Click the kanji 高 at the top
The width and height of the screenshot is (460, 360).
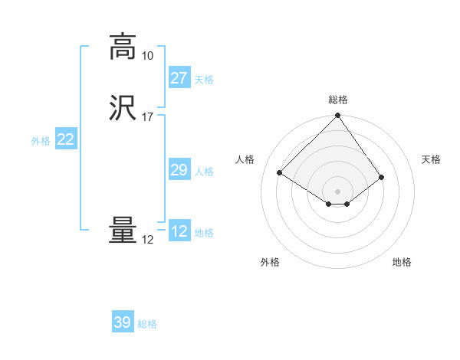(123, 47)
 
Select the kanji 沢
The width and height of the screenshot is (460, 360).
(123, 108)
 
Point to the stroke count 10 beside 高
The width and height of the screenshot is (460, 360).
(147, 56)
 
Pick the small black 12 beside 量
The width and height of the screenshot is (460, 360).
(147, 240)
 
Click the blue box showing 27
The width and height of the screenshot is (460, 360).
(179, 78)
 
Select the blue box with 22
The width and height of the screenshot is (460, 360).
(65, 139)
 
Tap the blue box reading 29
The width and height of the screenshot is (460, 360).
(179, 170)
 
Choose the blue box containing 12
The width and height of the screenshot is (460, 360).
(179, 231)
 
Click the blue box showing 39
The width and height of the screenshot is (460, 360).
(122, 322)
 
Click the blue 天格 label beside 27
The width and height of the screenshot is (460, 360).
(204, 80)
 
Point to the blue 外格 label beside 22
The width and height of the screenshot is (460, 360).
(41, 141)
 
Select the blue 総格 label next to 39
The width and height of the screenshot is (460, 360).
(147, 324)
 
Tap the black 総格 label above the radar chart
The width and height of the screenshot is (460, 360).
(338, 100)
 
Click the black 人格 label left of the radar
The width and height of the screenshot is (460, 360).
(245, 159)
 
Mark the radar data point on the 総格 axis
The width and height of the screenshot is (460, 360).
(338, 116)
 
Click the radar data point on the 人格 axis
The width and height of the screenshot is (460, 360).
(280, 172)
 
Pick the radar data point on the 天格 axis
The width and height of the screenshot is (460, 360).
(381, 177)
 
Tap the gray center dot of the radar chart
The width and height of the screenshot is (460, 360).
(338, 191)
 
